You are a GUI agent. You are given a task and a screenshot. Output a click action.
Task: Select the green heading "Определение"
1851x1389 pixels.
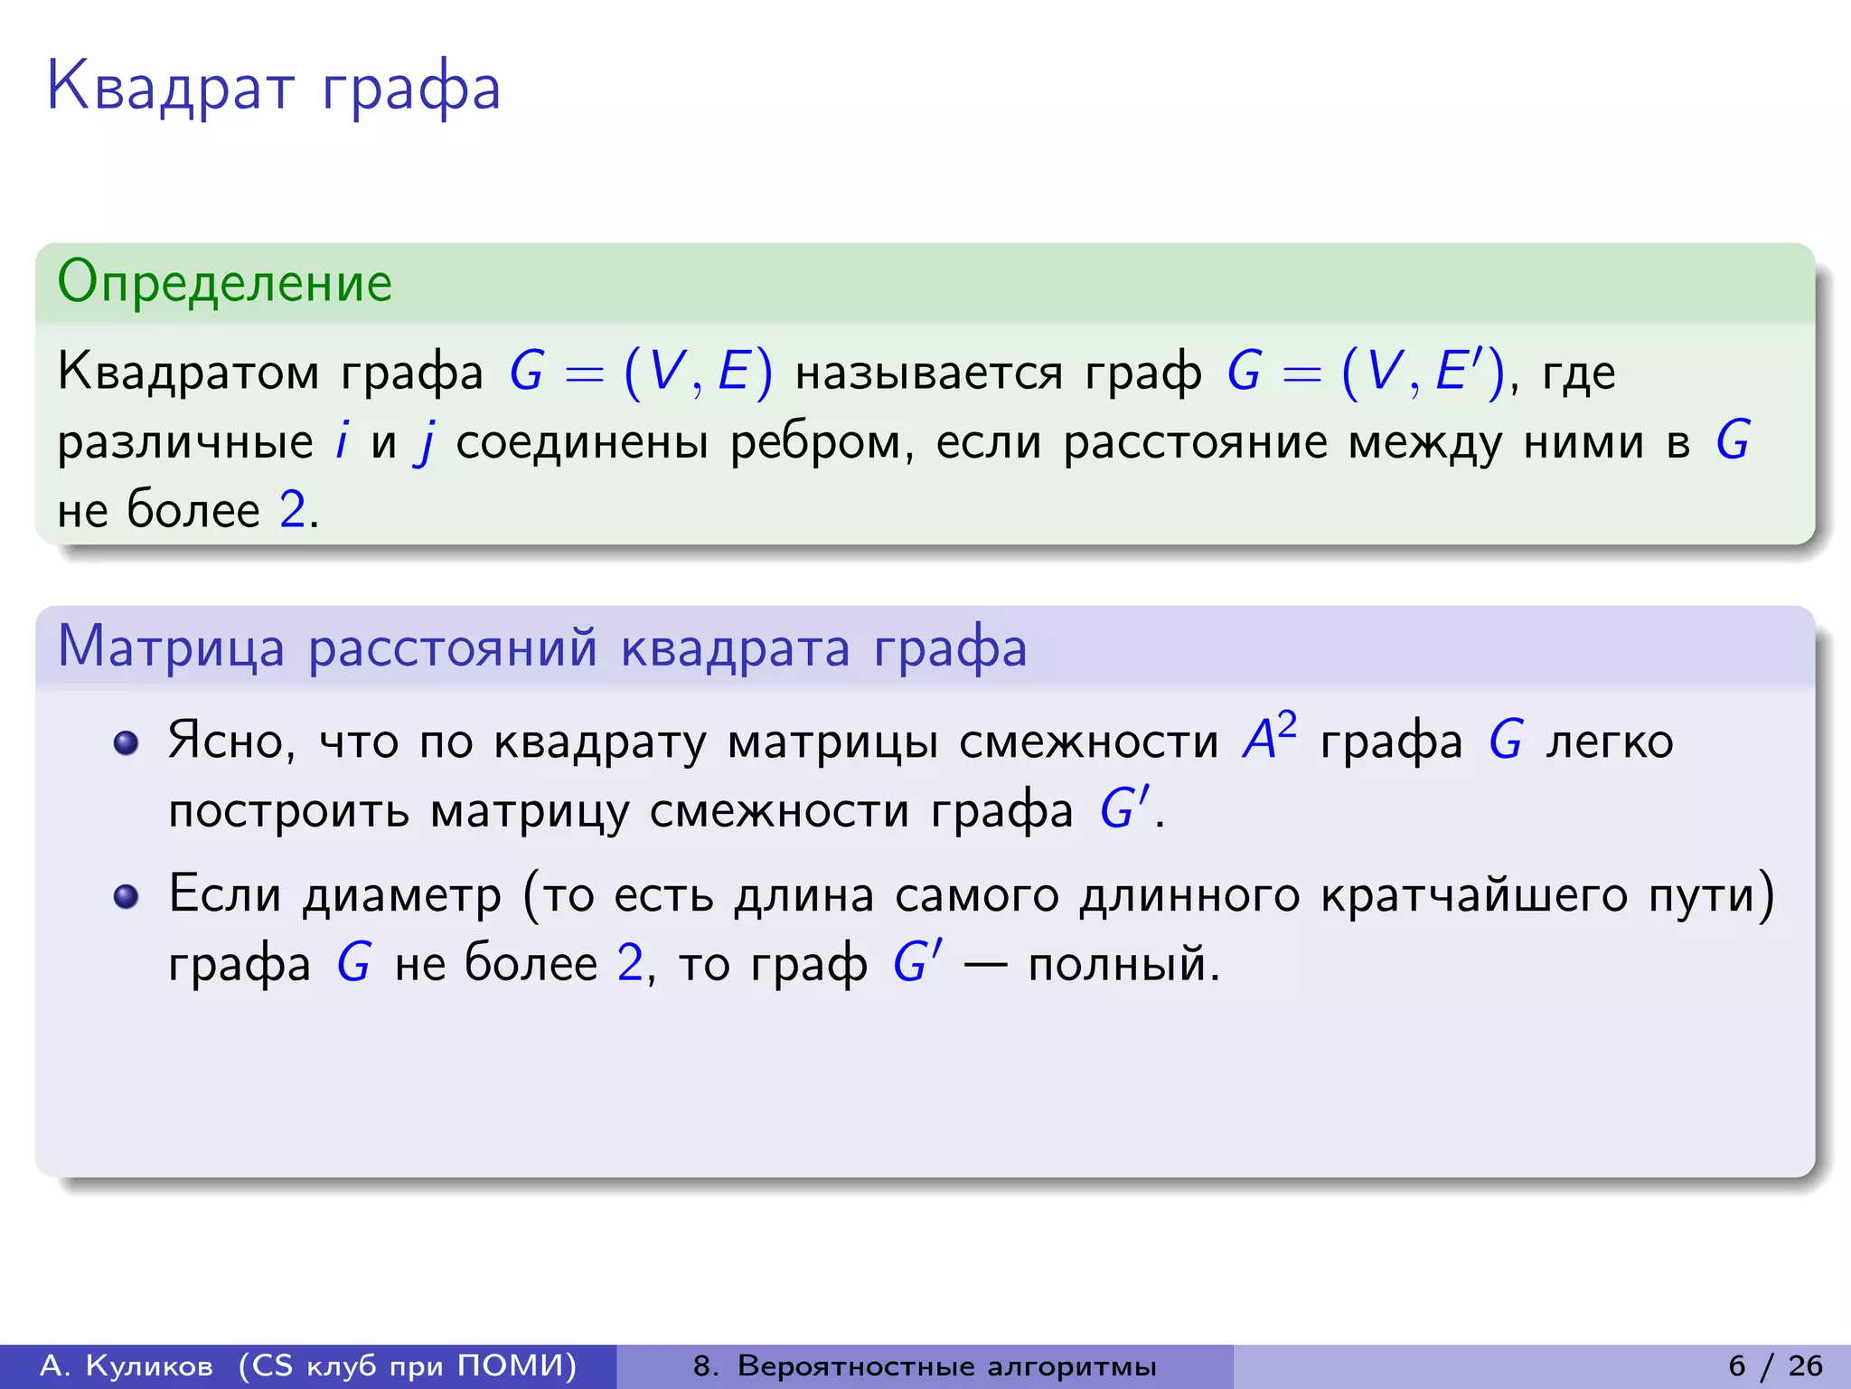(x=224, y=282)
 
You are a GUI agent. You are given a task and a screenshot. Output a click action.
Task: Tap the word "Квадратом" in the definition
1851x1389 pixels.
(x=188, y=373)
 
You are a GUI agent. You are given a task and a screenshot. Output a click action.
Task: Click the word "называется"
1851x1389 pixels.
(x=929, y=373)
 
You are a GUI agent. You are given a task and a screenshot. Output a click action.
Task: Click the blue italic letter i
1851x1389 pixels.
(x=342, y=441)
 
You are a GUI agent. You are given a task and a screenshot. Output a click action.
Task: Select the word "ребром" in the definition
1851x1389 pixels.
(x=815, y=443)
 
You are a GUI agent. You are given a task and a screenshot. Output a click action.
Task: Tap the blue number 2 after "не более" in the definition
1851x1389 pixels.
(x=292, y=510)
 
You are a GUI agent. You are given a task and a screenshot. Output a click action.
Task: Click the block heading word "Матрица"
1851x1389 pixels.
(x=171, y=647)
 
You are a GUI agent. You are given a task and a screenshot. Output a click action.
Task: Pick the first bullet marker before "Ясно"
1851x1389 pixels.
(x=126, y=743)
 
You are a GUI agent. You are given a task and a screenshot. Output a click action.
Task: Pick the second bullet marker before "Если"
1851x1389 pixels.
(x=126, y=896)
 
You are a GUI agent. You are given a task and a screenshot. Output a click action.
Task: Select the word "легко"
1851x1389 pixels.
(x=1609, y=742)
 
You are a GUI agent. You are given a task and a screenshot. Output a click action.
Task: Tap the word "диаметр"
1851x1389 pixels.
(x=401, y=896)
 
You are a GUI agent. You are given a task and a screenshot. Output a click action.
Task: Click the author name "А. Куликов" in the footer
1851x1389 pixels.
(x=127, y=1365)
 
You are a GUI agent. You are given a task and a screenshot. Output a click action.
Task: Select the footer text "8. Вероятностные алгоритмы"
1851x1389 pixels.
(x=924, y=1365)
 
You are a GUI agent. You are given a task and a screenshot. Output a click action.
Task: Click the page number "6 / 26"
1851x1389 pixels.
(x=1775, y=1365)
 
